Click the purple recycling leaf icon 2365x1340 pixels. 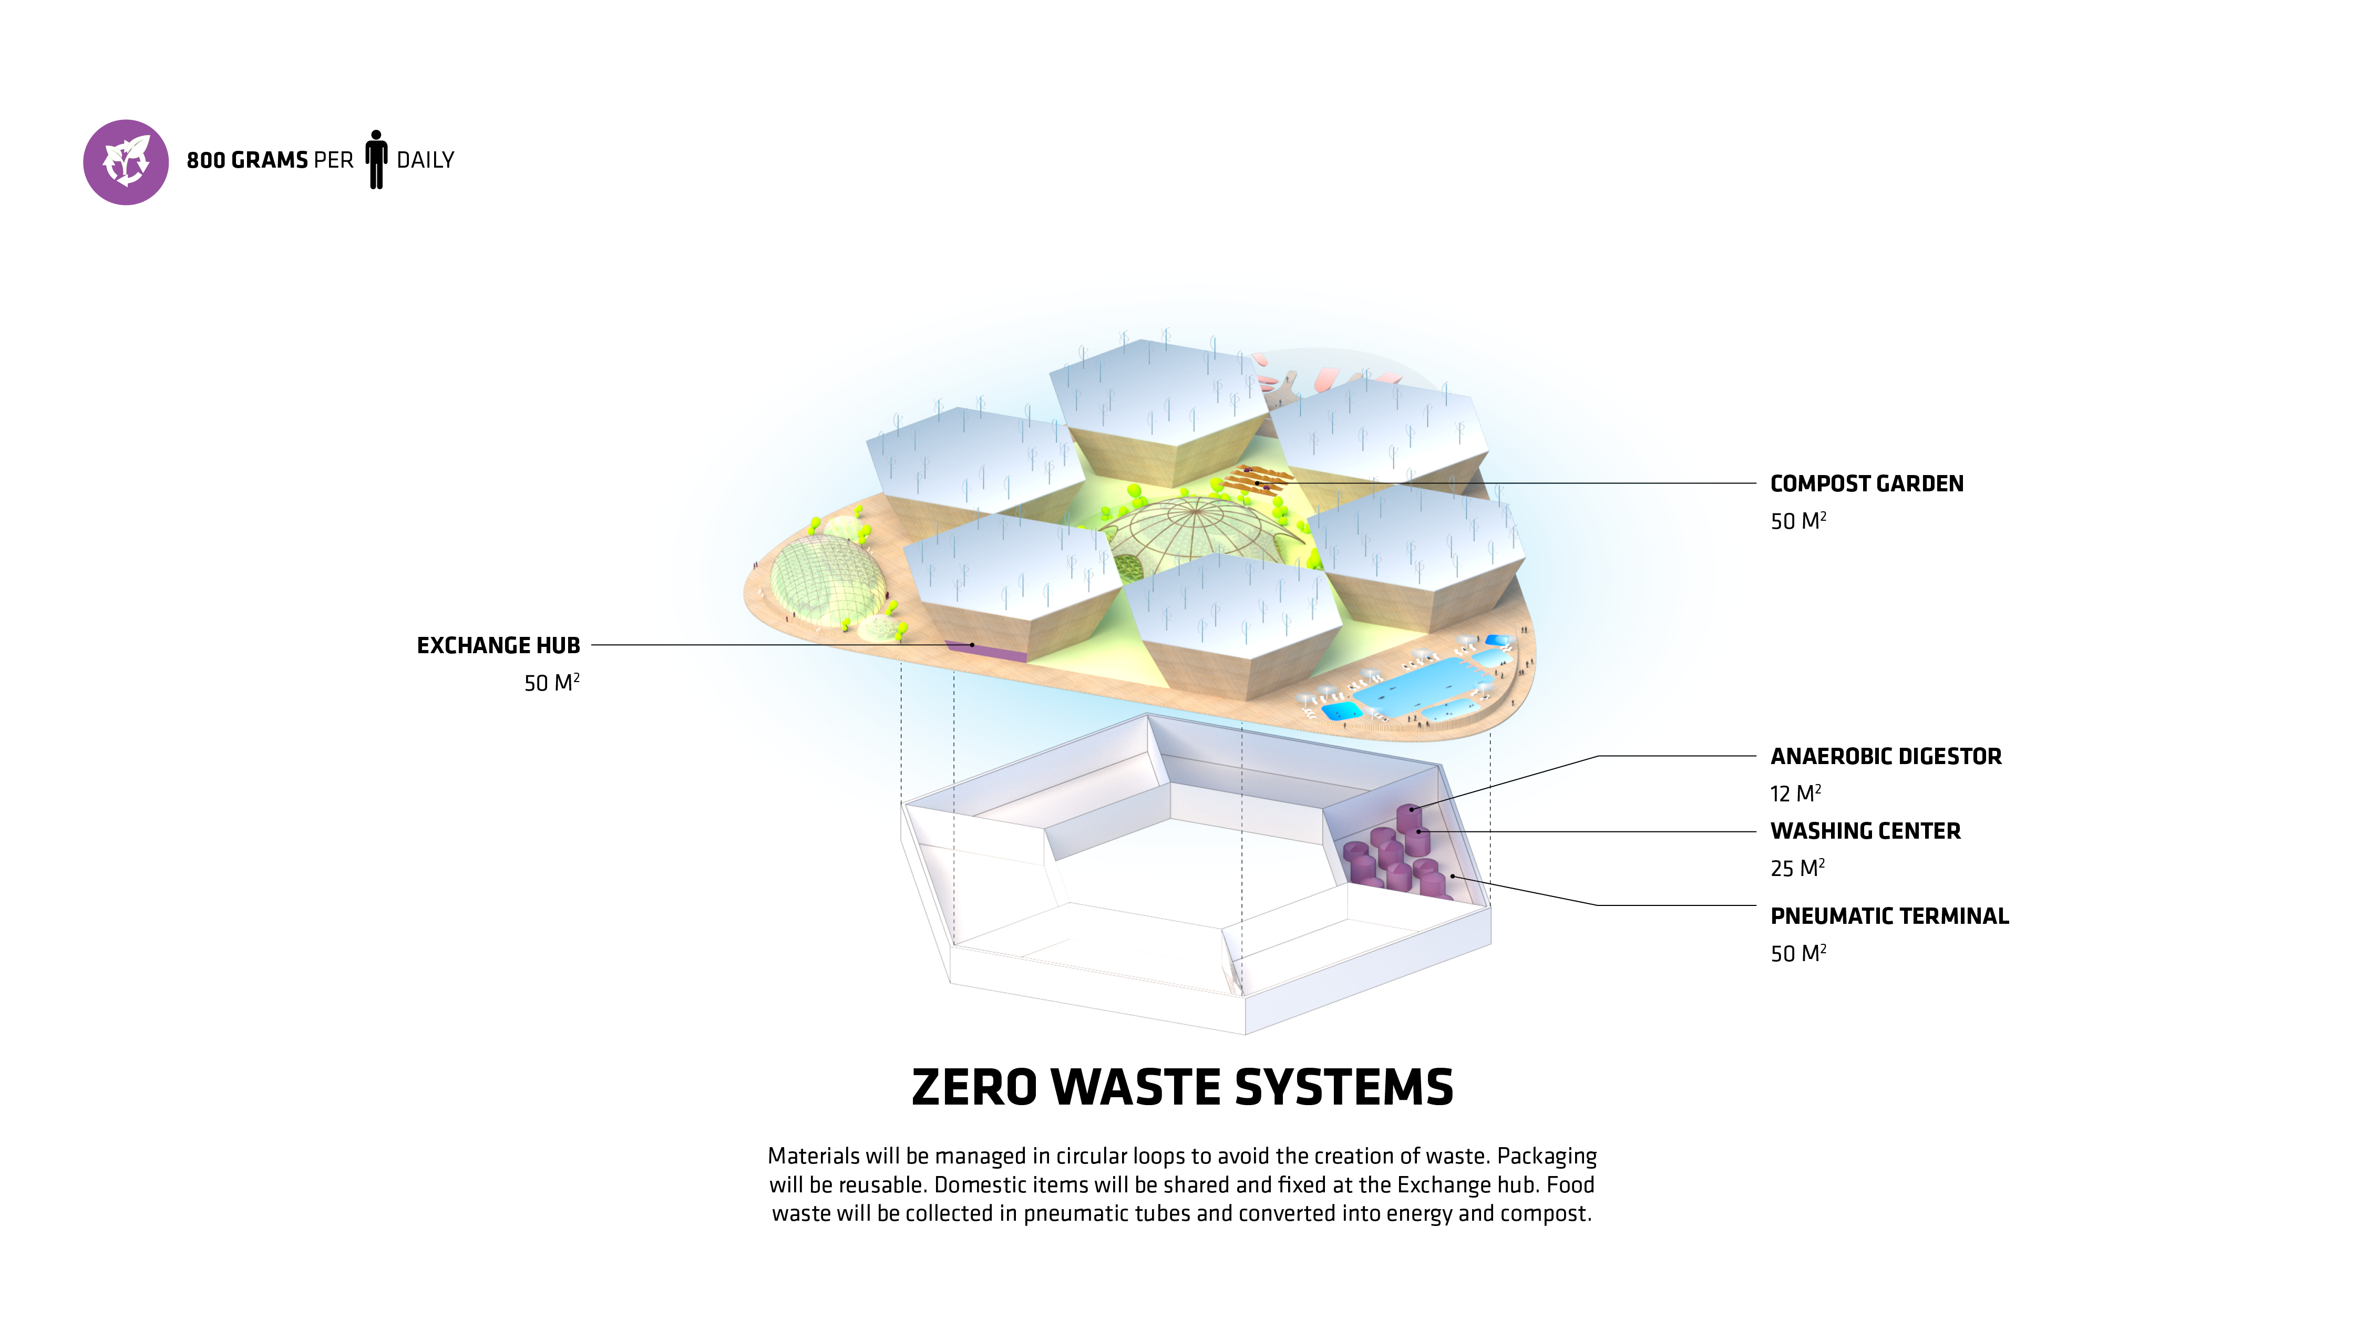pyautogui.click(x=126, y=162)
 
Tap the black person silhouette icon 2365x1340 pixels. pyautogui.click(x=375, y=159)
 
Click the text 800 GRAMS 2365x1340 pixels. pyautogui.click(x=246, y=160)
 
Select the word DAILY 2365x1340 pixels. pyautogui.click(x=425, y=160)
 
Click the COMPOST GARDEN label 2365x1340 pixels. pyautogui.click(x=1866, y=484)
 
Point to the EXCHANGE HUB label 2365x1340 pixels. pyautogui.click(x=498, y=646)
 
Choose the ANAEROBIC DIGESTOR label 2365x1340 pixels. pyautogui.click(x=1886, y=757)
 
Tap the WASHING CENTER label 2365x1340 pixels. pyautogui.click(x=1865, y=831)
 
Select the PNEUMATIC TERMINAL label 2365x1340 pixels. pyautogui.click(x=1889, y=916)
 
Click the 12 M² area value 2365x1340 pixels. pyautogui.click(x=1794, y=793)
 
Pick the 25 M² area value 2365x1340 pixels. pyautogui.click(x=1796, y=868)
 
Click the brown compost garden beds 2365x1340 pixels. pyautogui.click(x=1259, y=479)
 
